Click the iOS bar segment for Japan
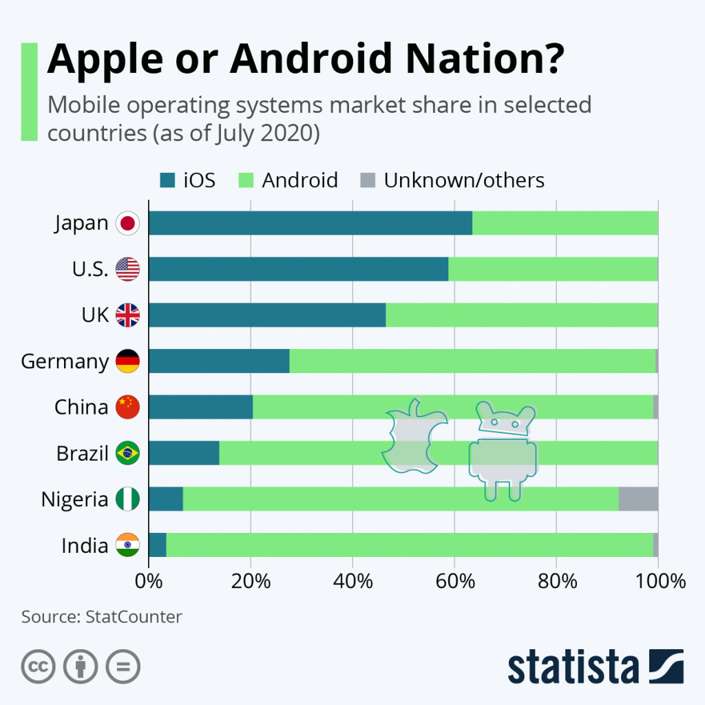pyautogui.click(x=310, y=223)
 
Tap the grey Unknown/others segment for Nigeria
pyautogui.click(x=638, y=499)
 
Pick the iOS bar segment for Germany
pyautogui.click(x=219, y=361)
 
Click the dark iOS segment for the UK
pyautogui.click(x=267, y=315)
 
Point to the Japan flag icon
pyautogui.click(x=127, y=223)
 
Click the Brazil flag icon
pyautogui.click(x=127, y=454)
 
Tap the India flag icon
pyautogui.click(x=127, y=545)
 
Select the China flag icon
pyautogui.click(x=127, y=408)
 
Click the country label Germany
pyautogui.click(x=65, y=361)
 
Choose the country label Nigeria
pyautogui.click(x=74, y=499)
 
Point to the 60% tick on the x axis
pyautogui.click(x=455, y=581)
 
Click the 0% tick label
pyautogui.click(x=149, y=581)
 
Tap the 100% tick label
pyautogui.click(x=659, y=581)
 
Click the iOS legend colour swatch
pyautogui.click(x=167, y=180)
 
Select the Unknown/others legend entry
pyautogui.click(x=463, y=180)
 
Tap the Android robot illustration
pyautogui.click(x=502, y=452)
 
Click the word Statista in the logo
pyautogui.click(x=573, y=666)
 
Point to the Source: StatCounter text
pyautogui.click(x=102, y=616)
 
